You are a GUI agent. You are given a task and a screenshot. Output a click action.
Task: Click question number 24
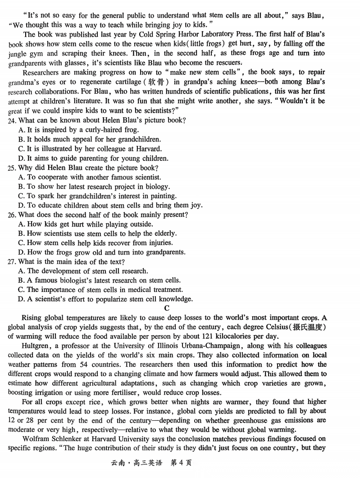click(12, 121)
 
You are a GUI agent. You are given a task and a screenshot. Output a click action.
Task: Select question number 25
click(12, 168)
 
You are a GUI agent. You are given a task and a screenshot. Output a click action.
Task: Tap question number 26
click(12, 215)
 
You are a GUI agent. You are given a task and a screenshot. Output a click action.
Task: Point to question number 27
click(12, 262)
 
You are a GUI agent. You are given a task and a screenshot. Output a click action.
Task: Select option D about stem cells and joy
click(110, 205)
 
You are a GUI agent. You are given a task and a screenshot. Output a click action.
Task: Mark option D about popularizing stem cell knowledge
click(105, 299)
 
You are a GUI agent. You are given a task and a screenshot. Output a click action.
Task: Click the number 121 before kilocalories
click(203, 337)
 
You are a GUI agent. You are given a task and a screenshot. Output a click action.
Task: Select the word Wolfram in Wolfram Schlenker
click(36, 439)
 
